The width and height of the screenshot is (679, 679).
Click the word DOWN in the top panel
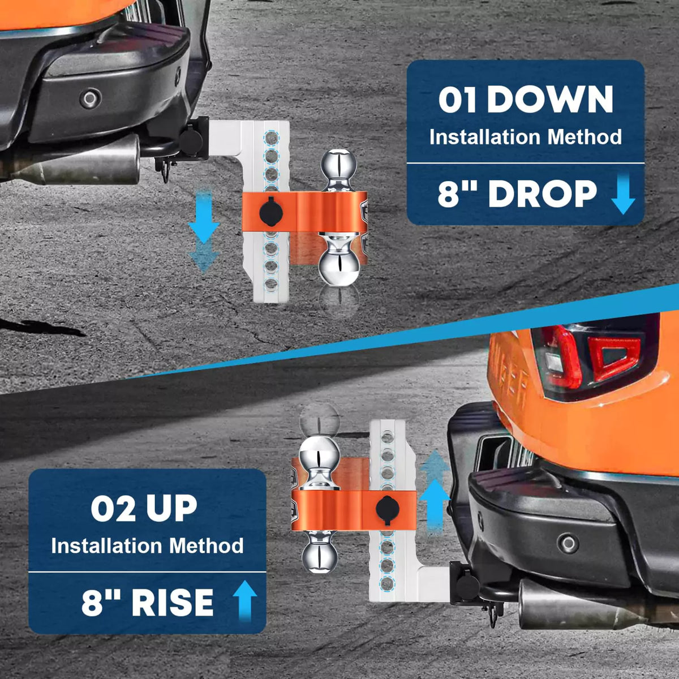[549, 100]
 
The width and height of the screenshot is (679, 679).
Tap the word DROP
[542, 194]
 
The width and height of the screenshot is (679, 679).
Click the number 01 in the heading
[458, 100]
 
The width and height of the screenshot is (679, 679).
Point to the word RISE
[173, 602]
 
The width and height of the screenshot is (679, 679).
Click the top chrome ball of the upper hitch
[338, 165]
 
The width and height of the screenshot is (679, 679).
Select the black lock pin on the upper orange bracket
[269, 210]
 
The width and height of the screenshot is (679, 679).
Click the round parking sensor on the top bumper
[90, 99]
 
